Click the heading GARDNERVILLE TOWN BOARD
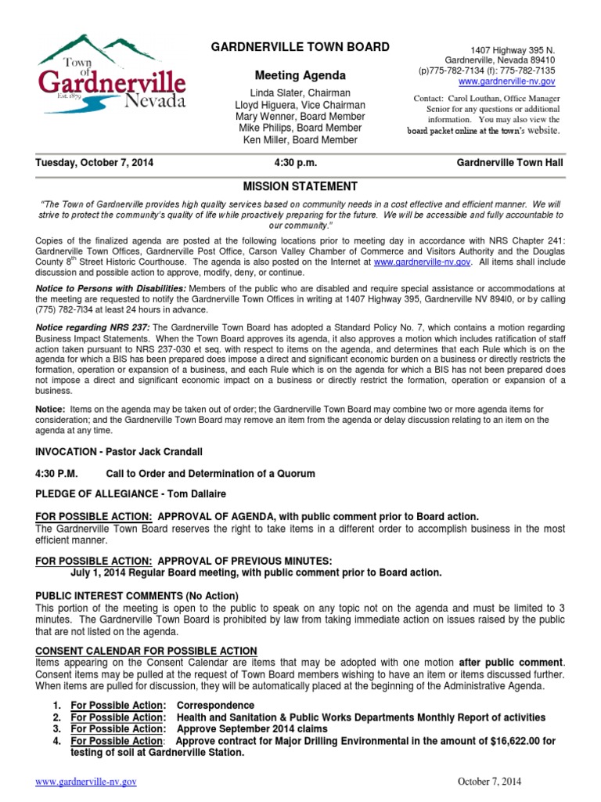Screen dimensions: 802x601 pos(300,48)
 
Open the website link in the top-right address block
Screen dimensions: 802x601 pos(506,81)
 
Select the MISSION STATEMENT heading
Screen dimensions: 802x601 pos(300,186)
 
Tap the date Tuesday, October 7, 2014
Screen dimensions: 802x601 pos(95,164)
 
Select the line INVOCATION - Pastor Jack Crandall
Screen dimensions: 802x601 pos(119,453)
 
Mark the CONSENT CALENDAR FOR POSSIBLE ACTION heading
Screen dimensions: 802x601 pos(146,651)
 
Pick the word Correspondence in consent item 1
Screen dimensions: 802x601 pos(215,706)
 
